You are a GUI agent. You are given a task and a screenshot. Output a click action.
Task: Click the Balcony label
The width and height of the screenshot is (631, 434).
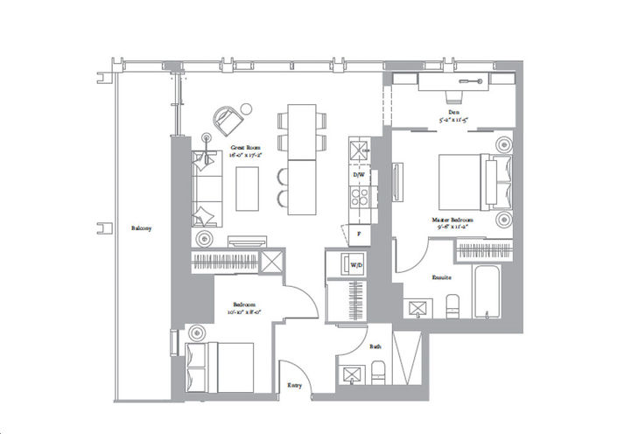pos(141,228)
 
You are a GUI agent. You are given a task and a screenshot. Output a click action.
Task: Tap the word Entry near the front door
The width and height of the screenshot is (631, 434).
pos(297,382)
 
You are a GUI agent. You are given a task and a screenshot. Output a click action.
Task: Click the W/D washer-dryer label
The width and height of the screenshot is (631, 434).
pos(357,263)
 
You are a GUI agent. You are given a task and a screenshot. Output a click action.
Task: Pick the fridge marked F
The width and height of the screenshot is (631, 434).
pos(358,234)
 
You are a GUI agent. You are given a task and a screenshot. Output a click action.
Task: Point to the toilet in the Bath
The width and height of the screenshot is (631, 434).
pos(377,375)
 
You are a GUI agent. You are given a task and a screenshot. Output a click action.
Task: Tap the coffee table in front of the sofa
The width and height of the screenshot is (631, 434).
pos(249,187)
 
